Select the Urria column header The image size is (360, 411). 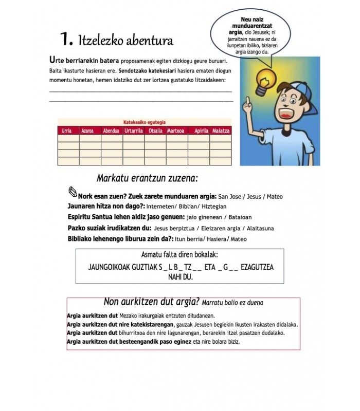[66, 131]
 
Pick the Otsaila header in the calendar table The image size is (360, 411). [155, 131]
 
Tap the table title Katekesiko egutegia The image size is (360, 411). [145, 122]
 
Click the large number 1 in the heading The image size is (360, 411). [66, 39]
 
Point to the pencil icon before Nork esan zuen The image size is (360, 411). [72, 192]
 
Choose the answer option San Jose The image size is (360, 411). [229, 196]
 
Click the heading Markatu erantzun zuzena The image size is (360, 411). [148, 178]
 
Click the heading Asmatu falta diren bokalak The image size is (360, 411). [179, 255]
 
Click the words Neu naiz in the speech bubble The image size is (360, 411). [252, 20]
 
